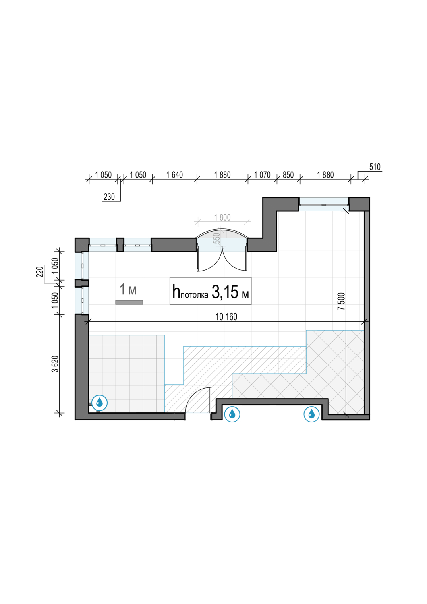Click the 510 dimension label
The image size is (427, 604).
pos(375,167)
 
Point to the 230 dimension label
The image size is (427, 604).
pos(109,197)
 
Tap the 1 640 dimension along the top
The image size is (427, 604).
pos(174,175)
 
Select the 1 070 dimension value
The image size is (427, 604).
pos(262,175)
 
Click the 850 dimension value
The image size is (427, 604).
pos(288,175)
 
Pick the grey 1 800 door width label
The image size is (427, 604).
pos(222,217)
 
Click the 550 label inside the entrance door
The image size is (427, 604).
pos(217,238)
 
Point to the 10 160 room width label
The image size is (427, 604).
pos(226,316)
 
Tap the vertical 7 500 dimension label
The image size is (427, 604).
pos(342,301)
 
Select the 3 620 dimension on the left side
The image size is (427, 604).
pos(55,364)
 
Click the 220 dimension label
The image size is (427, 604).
pos(39,272)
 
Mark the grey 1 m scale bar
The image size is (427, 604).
pos(129,302)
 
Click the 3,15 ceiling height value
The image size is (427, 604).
pos(225,292)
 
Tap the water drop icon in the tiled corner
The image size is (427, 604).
pos(99,403)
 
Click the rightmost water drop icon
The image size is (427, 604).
pos(311,414)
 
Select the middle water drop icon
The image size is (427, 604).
pos(232,414)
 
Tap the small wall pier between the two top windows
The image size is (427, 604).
pos(120,245)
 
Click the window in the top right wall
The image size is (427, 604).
pos(324,204)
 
